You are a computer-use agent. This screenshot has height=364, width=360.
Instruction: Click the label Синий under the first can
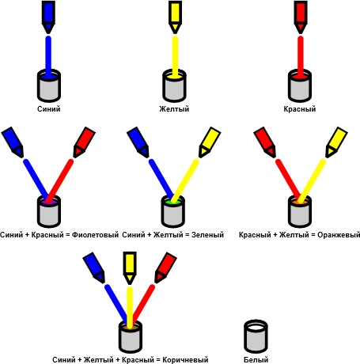(x=49, y=109)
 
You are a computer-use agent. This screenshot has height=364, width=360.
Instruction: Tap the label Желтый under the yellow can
(x=174, y=109)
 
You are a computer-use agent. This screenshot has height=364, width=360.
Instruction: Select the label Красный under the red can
(x=300, y=109)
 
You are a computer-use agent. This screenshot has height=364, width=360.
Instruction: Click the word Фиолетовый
(x=95, y=235)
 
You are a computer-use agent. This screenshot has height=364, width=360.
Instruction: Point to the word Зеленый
(x=207, y=235)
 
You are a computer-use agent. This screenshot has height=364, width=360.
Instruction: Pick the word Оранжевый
(x=339, y=235)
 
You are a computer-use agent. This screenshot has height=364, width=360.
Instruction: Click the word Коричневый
(x=185, y=359)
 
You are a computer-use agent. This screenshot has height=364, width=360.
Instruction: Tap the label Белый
(x=256, y=359)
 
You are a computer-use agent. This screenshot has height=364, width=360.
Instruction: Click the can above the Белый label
(x=256, y=336)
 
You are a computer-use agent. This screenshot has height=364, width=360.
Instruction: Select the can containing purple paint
(x=49, y=211)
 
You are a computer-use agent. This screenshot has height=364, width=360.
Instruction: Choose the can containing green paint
(x=173, y=211)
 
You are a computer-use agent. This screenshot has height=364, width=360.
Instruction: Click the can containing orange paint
(x=300, y=211)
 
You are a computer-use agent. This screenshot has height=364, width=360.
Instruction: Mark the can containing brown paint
(x=131, y=337)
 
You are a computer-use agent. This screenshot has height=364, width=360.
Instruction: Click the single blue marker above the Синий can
(x=48, y=17)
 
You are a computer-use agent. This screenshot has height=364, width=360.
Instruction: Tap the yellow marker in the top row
(x=175, y=17)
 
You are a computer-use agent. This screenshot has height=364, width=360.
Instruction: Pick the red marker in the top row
(x=301, y=17)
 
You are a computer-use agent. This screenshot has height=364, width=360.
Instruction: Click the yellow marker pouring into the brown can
(x=130, y=267)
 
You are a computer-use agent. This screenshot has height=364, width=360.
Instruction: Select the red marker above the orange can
(x=265, y=142)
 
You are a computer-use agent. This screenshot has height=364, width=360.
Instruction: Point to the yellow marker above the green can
(x=210, y=142)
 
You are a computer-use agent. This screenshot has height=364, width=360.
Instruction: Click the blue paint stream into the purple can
(x=36, y=180)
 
